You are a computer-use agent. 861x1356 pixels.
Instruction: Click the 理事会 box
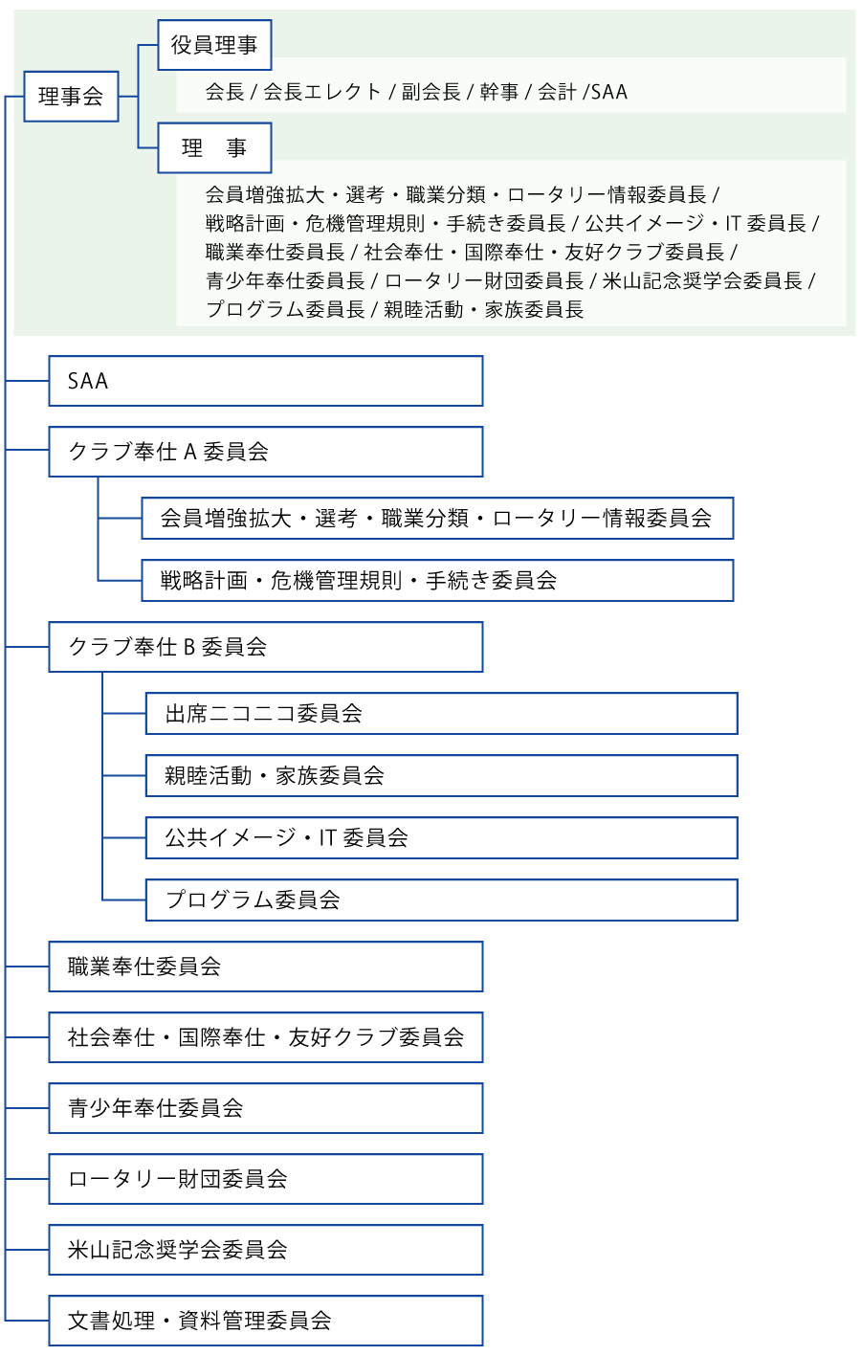click(x=71, y=97)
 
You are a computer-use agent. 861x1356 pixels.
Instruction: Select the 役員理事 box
click(x=214, y=45)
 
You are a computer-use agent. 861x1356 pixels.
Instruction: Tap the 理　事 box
click(x=214, y=147)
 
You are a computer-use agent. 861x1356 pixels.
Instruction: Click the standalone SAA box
click(x=266, y=381)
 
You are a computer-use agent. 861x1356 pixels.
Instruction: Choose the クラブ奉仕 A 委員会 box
click(x=266, y=452)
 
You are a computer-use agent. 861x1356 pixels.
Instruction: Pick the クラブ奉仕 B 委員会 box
click(x=266, y=647)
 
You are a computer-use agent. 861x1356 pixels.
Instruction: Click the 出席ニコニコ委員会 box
click(x=442, y=713)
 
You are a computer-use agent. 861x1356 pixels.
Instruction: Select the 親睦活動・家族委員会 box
click(x=442, y=775)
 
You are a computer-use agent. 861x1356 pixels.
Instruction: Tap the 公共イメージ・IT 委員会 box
click(x=442, y=838)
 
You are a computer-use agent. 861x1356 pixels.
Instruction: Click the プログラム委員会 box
click(x=442, y=900)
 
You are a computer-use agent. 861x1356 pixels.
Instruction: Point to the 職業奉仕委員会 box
click(x=266, y=967)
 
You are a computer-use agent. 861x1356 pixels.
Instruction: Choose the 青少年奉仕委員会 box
click(x=266, y=1108)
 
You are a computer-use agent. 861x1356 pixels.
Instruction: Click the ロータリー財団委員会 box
click(x=266, y=1179)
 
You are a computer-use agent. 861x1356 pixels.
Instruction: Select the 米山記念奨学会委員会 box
click(x=266, y=1250)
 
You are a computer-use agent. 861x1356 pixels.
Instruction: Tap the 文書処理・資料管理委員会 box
click(x=266, y=1321)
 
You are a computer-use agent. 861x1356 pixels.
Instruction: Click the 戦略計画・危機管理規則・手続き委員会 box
click(x=437, y=581)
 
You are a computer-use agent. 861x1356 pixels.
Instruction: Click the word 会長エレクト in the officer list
click(x=321, y=92)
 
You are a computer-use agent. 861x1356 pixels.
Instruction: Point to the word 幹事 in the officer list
click(x=499, y=92)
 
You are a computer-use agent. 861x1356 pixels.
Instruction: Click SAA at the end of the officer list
click(x=609, y=92)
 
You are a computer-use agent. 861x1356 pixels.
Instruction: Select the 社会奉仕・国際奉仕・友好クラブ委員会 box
click(x=266, y=1037)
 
